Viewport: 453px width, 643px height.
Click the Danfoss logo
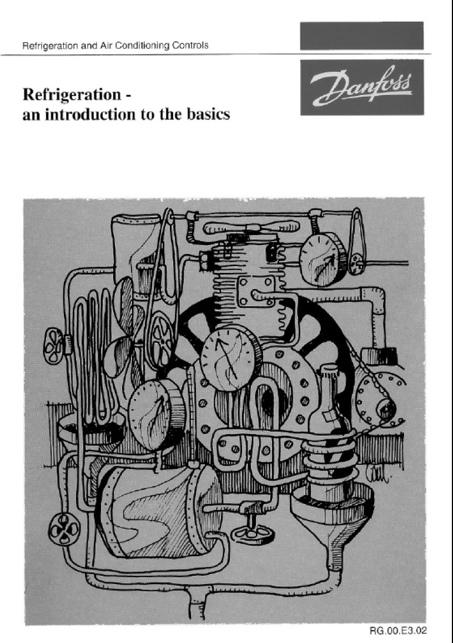[x=362, y=87]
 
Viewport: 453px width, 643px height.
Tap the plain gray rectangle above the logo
[x=362, y=36]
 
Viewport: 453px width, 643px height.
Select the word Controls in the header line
[x=190, y=45]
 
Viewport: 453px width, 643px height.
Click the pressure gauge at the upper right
[x=323, y=258]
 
